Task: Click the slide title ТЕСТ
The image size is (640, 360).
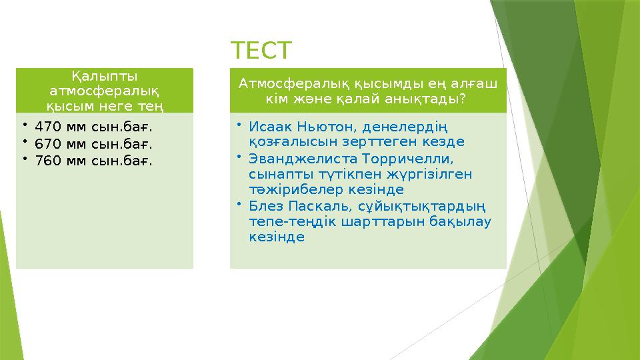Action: tap(261, 50)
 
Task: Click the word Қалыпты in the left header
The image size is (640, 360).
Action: tap(105, 76)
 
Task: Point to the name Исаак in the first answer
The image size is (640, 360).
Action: tap(267, 126)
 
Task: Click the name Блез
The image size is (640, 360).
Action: tap(264, 205)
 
